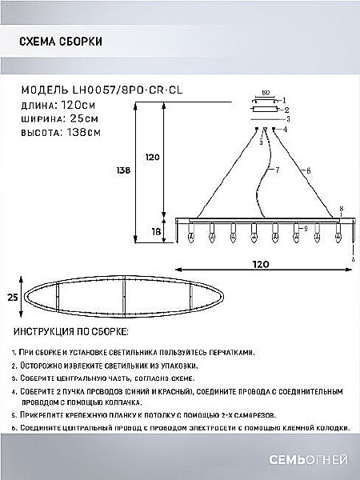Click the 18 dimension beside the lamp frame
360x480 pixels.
coord(156,230)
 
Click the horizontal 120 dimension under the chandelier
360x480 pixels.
coord(261,263)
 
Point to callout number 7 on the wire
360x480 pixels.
coord(277,171)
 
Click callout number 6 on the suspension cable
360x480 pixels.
coord(307,171)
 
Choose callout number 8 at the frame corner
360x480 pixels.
coord(342,210)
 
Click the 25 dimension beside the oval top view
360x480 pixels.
coord(12,297)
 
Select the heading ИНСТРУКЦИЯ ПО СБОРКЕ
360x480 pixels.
coord(71,331)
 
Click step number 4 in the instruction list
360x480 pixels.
coord(15,392)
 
